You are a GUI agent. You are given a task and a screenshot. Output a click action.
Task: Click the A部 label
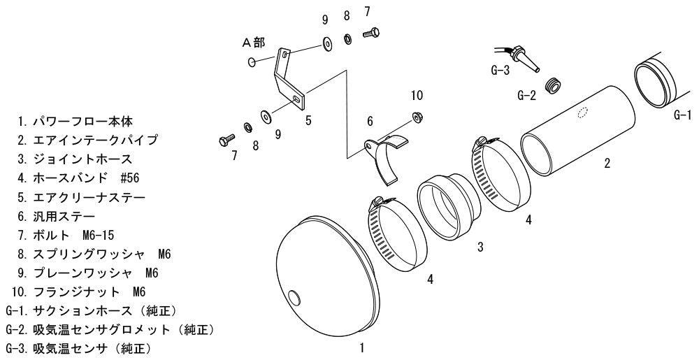(x=253, y=43)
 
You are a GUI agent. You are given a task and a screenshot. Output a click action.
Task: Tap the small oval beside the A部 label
(x=252, y=62)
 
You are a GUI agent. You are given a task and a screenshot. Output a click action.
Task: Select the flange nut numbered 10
(x=417, y=117)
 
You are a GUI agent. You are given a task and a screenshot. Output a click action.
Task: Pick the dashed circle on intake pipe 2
(x=583, y=113)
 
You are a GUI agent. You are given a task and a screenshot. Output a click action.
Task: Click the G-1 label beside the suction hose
(x=682, y=116)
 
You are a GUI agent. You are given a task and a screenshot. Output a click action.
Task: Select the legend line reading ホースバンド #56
(x=78, y=178)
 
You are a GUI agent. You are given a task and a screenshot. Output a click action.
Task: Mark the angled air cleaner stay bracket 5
(x=289, y=80)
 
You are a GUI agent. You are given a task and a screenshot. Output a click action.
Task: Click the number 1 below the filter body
(x=362, y=347)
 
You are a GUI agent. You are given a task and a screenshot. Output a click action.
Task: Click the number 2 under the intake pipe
(x=607, y=163)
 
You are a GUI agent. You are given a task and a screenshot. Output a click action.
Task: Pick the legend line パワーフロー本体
(x=75, y=121)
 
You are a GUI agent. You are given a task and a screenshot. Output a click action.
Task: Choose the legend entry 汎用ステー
(x=57, y=217)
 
